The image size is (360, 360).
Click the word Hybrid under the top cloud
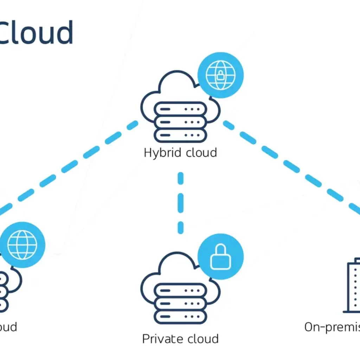coord(160,153)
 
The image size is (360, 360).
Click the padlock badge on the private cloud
coord(220,257)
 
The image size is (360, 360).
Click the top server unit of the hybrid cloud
coord(180,109)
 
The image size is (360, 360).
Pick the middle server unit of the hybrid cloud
coord(180,122)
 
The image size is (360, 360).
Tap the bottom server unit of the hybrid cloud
coord(180,135)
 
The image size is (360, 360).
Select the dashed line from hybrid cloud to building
coord(292,165)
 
